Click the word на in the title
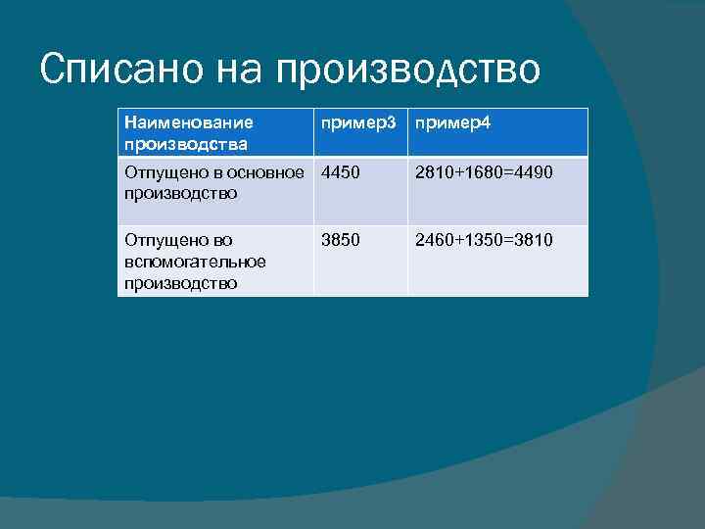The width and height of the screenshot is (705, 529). (236, 70)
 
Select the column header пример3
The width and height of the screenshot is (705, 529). (359, 123)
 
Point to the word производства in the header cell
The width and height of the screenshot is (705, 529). (185, 144)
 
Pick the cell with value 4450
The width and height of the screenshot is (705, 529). (340, 172)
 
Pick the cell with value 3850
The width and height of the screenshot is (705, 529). (340, 239)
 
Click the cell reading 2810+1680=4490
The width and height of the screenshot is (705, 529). (484, 172)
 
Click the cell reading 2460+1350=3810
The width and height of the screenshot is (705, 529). (484, 239)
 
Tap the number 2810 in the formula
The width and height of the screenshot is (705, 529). (434, 172)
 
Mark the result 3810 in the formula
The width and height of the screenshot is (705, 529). (534, 239)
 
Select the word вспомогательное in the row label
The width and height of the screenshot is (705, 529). (195, 262)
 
